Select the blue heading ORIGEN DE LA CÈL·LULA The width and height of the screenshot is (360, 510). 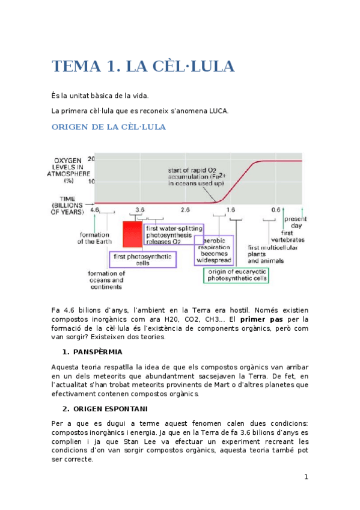109,127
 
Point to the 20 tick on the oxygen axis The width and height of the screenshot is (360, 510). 91,159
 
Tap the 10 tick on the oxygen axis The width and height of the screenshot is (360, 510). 91,181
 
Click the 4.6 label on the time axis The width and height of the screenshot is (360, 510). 95,209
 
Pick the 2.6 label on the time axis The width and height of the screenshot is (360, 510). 185,209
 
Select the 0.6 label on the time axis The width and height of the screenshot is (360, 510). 275,209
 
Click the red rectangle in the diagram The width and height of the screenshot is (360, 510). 132,234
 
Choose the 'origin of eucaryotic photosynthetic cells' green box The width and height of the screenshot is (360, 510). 236,275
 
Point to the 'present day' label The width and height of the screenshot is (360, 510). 294,222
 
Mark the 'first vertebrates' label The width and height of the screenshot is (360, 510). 292,236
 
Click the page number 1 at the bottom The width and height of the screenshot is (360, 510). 306,477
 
